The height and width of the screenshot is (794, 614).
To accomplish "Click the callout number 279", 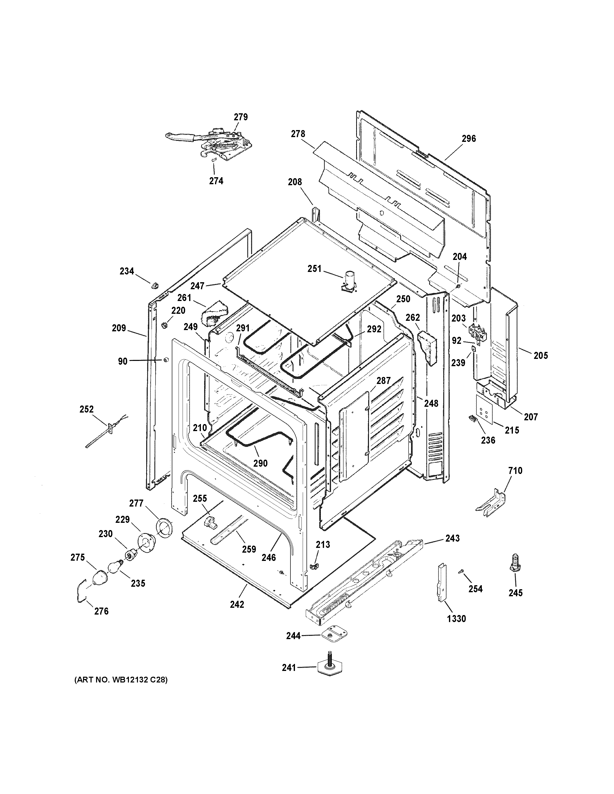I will coord(241,117).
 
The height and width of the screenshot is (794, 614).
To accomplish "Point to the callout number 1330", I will coord(456,618).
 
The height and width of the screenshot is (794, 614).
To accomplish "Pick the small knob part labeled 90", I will coord(166,360).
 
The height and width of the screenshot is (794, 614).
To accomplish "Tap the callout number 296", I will coord(469,139).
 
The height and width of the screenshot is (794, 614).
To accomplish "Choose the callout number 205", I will coord(541,356).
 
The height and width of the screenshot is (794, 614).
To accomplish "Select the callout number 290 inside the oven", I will coord(260,463).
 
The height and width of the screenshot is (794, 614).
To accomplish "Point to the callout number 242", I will coord(237,604).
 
